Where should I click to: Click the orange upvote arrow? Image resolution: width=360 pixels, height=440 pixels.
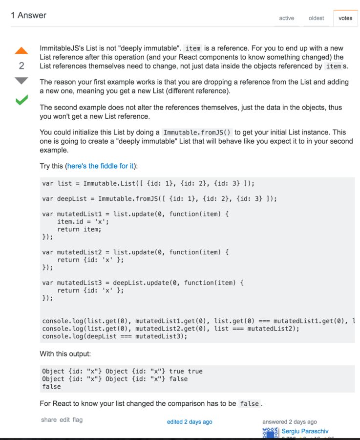point(21,50)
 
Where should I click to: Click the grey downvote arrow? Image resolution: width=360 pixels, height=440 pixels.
point(21,81)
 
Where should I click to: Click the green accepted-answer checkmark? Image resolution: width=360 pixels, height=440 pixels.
point(21,100)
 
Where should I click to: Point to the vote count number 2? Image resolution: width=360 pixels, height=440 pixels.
point(21,66)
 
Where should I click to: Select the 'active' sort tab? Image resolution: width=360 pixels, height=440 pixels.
point(286,18)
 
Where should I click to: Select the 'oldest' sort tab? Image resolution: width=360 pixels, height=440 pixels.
point(316,18)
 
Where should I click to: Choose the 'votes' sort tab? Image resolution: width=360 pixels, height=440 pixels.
point(345,18)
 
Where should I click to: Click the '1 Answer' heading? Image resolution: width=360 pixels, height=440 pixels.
point(29,15)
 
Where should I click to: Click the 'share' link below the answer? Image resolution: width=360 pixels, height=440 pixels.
point(49,419)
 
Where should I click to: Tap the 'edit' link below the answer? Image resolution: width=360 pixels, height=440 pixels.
point(65,419)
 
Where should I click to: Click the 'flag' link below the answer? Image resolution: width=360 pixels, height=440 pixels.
point(78,419)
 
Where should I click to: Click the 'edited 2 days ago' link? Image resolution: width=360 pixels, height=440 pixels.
point(190,422)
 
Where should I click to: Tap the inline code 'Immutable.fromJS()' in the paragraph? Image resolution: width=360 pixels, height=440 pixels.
point(197,132)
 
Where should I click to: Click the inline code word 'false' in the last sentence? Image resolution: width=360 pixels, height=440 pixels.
point(250,404)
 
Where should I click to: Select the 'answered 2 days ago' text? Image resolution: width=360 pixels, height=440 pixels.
point(290,422)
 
